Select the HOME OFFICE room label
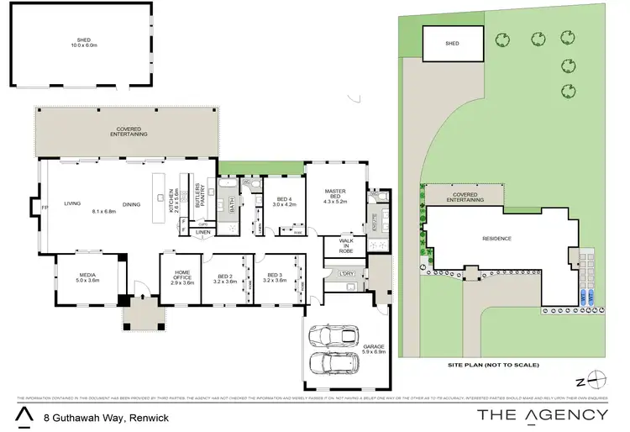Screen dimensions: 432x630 [x=183, y=277]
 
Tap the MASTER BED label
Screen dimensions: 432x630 [x=335, y=197]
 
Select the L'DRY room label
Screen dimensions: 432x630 [x=346, y=275]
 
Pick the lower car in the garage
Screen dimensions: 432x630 [x=333, y=363]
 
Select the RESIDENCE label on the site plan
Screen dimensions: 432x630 [x=497, y=238]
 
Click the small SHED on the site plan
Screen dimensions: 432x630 [x=452, y=43]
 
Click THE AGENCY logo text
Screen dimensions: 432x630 [x=541, y=414]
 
